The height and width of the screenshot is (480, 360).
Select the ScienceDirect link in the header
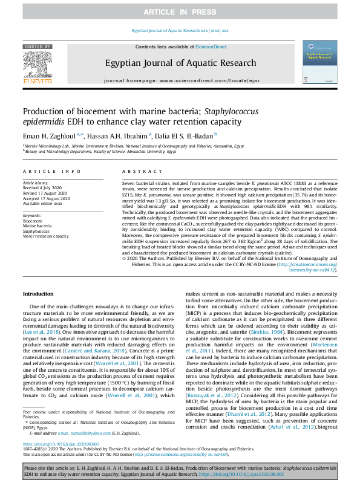tap(211, 47)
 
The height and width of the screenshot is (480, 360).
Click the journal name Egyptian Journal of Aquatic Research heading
tap(181, 63)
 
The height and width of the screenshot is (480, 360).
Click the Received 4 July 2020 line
tap(43, 187)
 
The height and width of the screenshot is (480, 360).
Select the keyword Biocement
tap(33, 221)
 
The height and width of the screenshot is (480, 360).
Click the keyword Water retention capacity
tap(46, 236)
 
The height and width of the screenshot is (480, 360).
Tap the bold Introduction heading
tap(38, 294)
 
